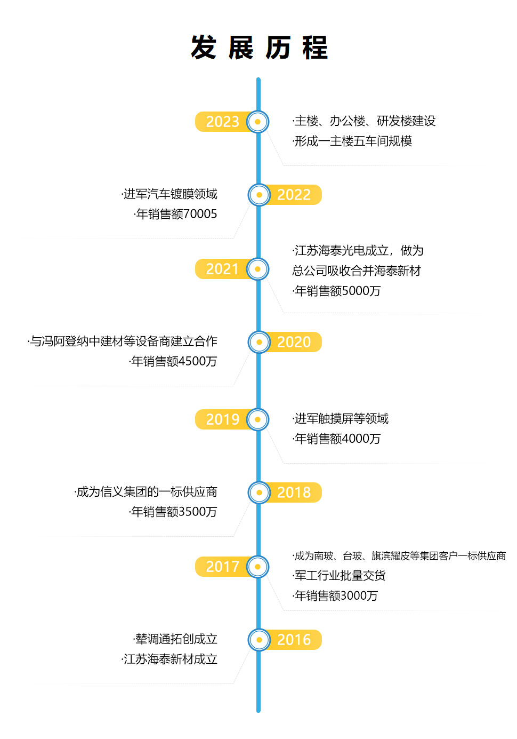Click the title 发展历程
tap(260, 47)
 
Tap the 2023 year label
tap(222, 122)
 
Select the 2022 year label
tap(294, 195)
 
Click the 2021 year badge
tap(222, 269)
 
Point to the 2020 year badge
tap(294, 342)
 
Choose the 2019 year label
tap(222, 419)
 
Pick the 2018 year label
tap(294, 492)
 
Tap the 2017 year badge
tap(222, 567)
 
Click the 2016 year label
tap(294, 639)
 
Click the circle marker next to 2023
tap(257, 122)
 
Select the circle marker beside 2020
tap(259, 342)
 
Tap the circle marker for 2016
tap(259, 640)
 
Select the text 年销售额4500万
tap(173, 361)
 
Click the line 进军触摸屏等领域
tap(341, 418)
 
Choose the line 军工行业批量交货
tap(339, 575)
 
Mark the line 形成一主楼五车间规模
tap(352, 141)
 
